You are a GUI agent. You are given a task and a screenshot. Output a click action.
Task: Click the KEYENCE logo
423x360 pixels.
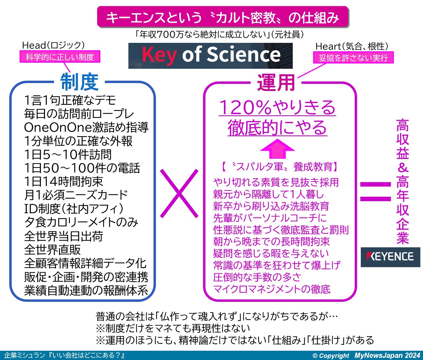point(390,257)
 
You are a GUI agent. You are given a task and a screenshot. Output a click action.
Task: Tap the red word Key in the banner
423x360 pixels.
point(159,55)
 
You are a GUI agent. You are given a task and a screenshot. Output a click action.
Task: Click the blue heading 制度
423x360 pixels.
point(79,82)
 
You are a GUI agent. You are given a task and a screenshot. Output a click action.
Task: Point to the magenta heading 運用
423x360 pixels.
point(276,83)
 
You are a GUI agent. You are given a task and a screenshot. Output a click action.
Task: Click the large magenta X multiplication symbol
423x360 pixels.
point(179,194)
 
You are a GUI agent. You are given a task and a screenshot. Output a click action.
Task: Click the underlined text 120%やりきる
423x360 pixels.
point(277,107)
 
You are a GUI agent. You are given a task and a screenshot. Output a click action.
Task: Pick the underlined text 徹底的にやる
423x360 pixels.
point(277,127)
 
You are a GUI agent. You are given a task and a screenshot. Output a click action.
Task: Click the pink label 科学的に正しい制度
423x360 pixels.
point(60,57)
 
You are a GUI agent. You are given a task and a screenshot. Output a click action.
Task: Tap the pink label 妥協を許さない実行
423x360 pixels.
point(353,58)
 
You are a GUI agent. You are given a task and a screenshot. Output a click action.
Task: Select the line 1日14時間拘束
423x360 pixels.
point(64,181)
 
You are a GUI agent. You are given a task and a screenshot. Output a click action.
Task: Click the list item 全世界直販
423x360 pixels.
point(52,249)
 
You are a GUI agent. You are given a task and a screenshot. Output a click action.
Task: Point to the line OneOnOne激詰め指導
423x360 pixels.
point(86,127)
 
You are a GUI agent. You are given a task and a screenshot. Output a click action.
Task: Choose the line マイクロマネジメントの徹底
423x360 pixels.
point(272,289)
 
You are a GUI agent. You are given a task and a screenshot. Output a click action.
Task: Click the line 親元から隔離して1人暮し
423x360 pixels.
point(269,194)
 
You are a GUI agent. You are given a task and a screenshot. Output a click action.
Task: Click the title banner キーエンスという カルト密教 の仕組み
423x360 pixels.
point(223,17)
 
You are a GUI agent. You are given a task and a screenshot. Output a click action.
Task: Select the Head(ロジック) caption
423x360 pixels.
point(53,45)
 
